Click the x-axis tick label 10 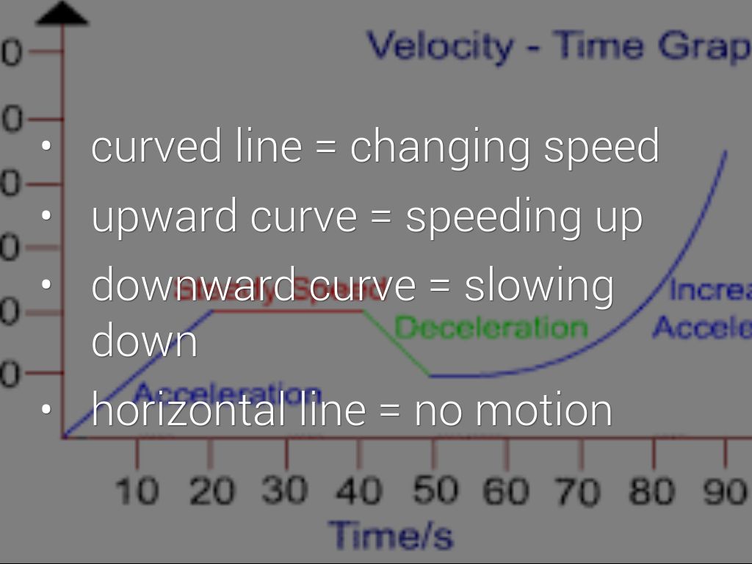coord(137,491)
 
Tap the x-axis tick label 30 coord(286,491)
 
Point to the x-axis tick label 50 coord(434,491)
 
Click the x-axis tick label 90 coord(726,491)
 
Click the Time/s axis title coord(391,535)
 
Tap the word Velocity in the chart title coord(440,46)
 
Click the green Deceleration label coord(491,328)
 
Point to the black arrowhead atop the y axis coord(62,14)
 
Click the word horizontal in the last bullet coord(189,409)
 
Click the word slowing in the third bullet coord(539,286)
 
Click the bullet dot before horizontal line coord(47,409)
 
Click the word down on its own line coord(144,341)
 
